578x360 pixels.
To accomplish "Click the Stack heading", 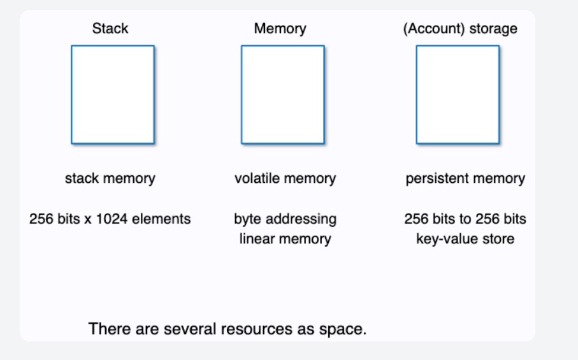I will click(x=110, y=29).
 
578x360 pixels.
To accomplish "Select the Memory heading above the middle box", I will click(x=280, y=29).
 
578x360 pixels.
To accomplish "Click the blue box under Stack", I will click(x=113, y=94).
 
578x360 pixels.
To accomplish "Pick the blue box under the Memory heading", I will click(x=282, y=94).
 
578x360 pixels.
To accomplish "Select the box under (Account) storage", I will click(x=458, y=94).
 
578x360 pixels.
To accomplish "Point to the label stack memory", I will click(x=110, y=178).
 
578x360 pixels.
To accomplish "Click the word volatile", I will click(x=256, y=178).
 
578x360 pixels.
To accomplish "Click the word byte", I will click(x=247, y=219).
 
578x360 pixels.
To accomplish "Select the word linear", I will click(x=256, y=240).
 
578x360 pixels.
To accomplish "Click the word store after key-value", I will click(x=497, y=240).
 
